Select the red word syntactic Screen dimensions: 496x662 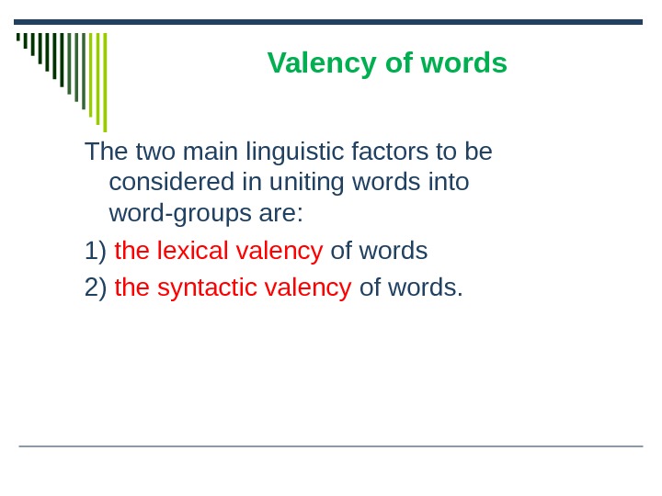pyautogui.click(x=207, y=287)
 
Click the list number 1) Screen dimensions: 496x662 pyautogui.click(x=96, y=251)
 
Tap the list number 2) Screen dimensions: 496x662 pyautogui.click(x=96, y=287)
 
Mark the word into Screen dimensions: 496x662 pyautogui.click(x=449, y=183)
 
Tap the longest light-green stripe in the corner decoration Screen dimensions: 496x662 pyautogui.click(x=105, y=83)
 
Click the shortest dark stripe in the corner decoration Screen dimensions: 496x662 pyautogui.click(x=18, y=39)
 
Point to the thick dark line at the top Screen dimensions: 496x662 pyautogui.click(x=331, y=21)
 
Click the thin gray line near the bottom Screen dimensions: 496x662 pyautogui.click(x=331, y=446)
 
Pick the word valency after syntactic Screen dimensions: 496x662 pyautogui.click(x=308, y=287)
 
